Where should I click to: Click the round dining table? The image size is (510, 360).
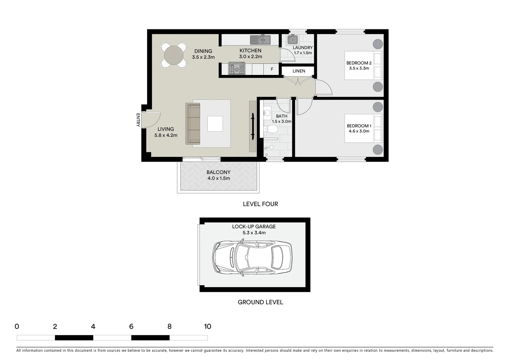point(173,55)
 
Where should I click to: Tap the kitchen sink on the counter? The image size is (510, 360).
point(260,40)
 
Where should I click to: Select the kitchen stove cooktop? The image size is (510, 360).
point(236,69)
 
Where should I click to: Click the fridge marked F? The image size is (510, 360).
point(272,69)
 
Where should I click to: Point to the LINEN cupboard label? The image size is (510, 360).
point(299,71)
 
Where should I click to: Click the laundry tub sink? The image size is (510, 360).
point(293,40)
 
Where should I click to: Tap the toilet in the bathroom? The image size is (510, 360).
point(272,129)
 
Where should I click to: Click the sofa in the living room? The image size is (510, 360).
point(193,124)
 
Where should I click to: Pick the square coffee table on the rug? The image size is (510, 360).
point(215,124)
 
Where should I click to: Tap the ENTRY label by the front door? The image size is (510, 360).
point(138,120)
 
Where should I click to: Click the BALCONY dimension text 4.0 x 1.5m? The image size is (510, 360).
point(218,178)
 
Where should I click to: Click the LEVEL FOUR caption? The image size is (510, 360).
point(260,204)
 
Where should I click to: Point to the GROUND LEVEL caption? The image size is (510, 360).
point(260,302)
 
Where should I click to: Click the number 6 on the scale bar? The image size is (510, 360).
point(131,327)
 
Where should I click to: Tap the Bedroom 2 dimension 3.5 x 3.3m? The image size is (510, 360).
point(359,68)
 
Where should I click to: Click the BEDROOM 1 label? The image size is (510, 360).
point(359,126)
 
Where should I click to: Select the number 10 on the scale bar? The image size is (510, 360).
point(207,327)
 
